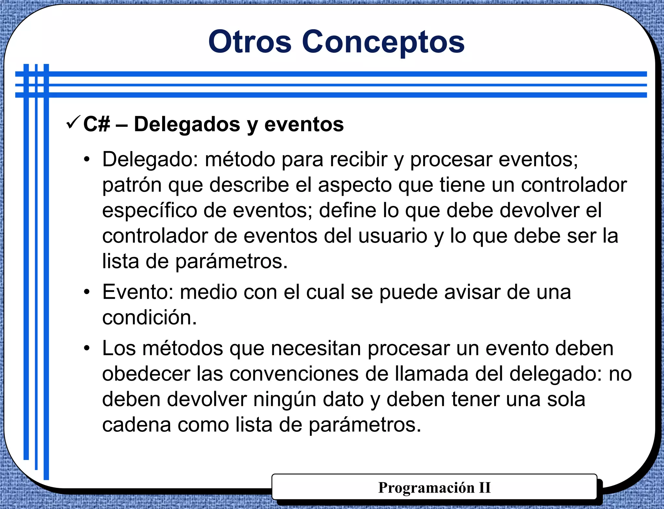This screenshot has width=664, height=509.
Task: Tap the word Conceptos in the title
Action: coord(383,42)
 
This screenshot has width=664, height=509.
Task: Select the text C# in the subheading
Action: coord(97,124)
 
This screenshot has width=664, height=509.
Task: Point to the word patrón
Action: coord(132,185)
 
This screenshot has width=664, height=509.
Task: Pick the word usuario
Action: coord(393,236)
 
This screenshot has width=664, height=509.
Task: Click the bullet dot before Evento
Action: coord(86,292)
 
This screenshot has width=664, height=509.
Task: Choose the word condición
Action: coord(149,317)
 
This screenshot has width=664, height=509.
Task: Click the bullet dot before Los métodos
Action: coord(86,348)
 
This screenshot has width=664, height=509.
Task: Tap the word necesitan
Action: coord(316,349)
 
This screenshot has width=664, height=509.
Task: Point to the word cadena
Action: coord(136,425)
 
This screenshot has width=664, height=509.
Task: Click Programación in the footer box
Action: coord(426,488)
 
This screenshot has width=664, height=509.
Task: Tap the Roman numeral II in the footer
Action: coord(485,488)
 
